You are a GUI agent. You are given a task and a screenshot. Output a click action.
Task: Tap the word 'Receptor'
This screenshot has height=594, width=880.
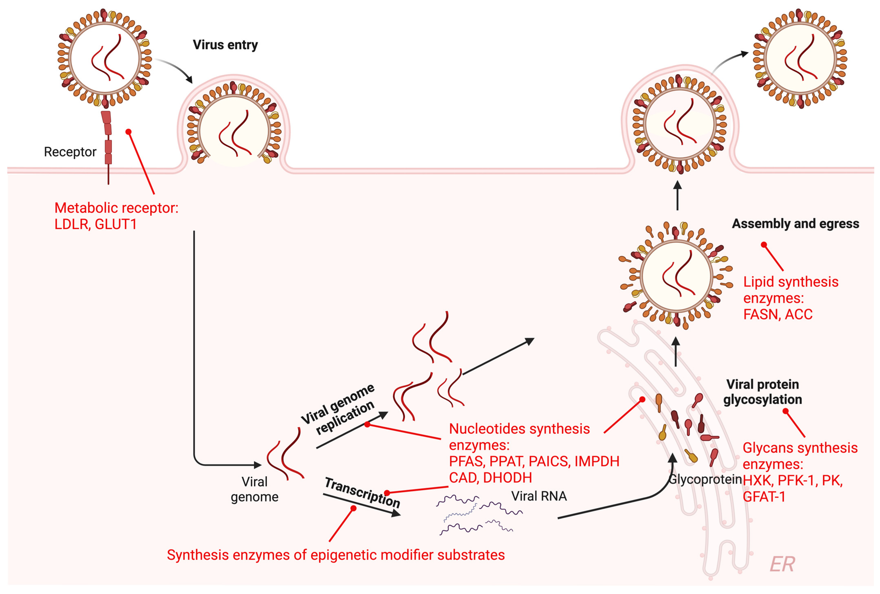pos(70,152)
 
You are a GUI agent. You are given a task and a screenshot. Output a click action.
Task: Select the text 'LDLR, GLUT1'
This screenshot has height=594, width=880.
pos(95,224)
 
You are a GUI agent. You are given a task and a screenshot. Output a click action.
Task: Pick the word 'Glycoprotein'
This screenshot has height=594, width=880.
pos(705,479)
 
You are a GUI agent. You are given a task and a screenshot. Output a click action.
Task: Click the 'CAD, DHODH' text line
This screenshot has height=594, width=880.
pos(490,478)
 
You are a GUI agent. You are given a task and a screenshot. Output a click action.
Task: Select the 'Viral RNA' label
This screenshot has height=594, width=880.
pos(539,496)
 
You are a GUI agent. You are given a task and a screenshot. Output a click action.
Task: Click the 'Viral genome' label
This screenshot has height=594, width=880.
pos(255,489)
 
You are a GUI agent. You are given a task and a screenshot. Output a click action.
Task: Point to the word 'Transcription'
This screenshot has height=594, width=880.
pos(362,492)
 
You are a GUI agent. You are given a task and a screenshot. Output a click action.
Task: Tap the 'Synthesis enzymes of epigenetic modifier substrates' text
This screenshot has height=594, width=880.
pos(336,555)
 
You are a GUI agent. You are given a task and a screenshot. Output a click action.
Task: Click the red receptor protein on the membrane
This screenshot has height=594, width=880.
pos(108,138)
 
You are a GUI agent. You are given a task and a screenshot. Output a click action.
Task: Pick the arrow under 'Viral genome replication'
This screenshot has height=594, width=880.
pos(352,430)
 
